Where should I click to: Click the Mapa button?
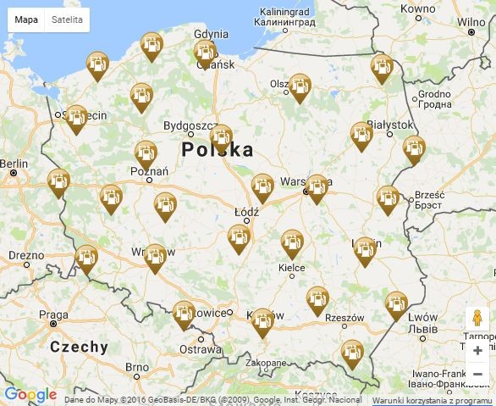[26, 19]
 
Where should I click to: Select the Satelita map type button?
[68, 19]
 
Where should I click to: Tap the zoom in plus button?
[477, 350]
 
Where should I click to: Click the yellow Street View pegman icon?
[477, 319]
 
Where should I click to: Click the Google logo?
[30, 395]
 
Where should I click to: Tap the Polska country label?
[217, 150]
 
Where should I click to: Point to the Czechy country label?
[79, 347]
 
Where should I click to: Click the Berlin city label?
[14, 163]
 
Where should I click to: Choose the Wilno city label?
[471, 22]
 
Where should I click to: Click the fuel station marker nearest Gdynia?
[205, 52]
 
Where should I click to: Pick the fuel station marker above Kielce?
[292, 242]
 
